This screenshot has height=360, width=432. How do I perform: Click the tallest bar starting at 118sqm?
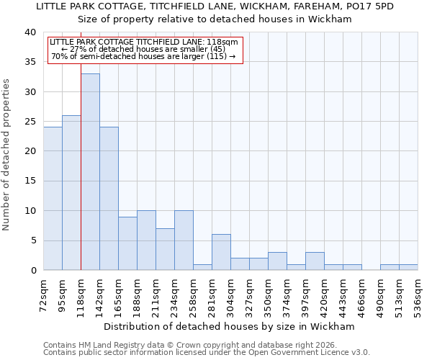(90, 172)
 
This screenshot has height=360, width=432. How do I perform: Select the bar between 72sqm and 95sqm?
(53, 199)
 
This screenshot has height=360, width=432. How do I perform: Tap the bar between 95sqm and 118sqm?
(71, 193)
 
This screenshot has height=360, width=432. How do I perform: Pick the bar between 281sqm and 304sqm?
(221, 252)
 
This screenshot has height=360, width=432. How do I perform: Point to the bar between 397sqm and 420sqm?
(315, 261)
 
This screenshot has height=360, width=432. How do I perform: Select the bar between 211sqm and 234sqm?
(165, 249)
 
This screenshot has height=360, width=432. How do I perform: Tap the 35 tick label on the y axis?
(30, 63)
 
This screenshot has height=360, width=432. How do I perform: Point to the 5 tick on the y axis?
(32, 240)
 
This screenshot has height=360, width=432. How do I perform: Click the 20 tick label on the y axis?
(30, 151)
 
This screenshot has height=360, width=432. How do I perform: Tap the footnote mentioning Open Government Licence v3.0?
(207, 352)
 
